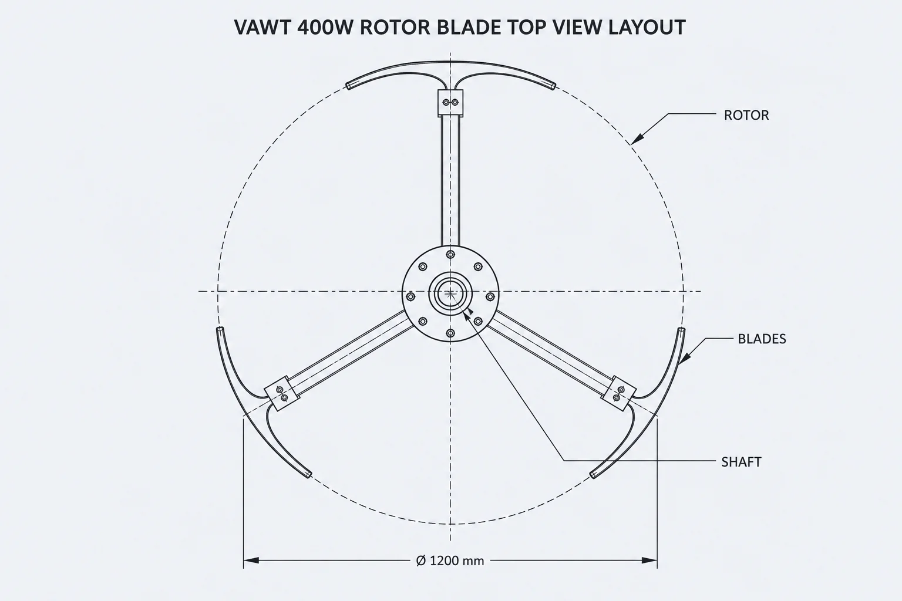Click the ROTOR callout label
click(x=746, y=116)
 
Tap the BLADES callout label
click(x=762, y=339)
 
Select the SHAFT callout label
click(x=741, y=462)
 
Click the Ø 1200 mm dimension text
click(x=450, y=561)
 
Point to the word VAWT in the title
click(x=262, y=28)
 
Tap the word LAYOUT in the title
click(x=647, y=28)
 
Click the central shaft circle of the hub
click(x=450, y=293)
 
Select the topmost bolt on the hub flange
click(x=450, y=254)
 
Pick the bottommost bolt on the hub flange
click(x=450, y=333)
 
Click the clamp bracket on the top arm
click(x=450, y=103)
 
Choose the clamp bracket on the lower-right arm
click(x=618, y=393)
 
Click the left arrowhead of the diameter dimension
click(x=251, y=561)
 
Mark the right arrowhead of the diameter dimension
click(x=649, y=561)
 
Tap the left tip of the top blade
click(x=348, y=85)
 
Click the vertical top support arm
click(x=450, y=181)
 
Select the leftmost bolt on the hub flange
click(x=410, y=297)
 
